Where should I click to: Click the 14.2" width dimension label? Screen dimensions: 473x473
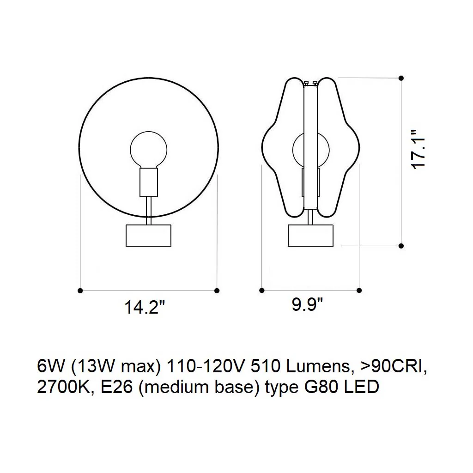tap(145, 307)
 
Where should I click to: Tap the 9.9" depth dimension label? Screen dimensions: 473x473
tap(307, 304)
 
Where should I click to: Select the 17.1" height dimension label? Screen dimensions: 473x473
tap(418, 149)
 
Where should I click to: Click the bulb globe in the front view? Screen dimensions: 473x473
tap(149, 150)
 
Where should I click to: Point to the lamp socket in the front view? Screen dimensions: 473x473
tap(149, 182)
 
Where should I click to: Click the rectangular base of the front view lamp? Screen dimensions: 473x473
tap(148, 235)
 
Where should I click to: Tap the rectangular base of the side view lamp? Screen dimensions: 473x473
tap(311, 235)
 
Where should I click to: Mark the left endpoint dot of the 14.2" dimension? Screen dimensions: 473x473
tap(80, 291)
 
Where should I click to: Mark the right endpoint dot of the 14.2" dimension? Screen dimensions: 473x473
tap(217, 291)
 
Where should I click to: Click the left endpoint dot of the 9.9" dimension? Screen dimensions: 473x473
tap(262, 290)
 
